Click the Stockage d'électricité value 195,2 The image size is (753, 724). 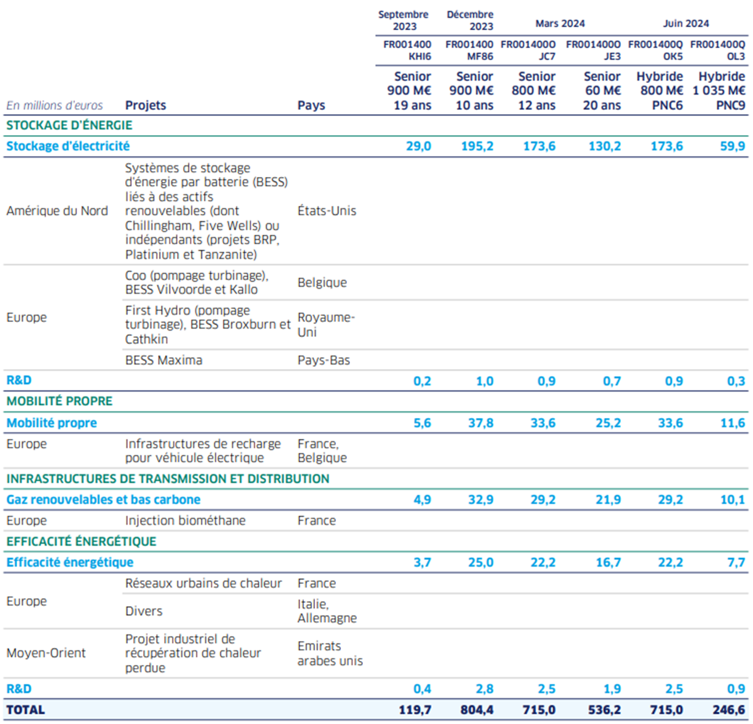tap(477, 146)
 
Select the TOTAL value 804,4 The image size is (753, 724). tap(477, 710)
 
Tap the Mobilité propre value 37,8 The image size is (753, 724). tap(480, 423)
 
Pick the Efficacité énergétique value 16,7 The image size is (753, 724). tap(608, 562)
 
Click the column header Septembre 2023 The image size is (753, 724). tap(404, 20)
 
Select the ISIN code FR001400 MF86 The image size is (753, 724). tap(469, 50)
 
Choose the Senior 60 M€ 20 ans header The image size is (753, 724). tap(602, 90)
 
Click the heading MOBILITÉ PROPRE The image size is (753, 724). tap(60, 401)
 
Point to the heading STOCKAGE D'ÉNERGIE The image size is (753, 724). tap(69, 125)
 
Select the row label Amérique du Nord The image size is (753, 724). tap(57, 211)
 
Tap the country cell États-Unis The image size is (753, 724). tap(327, 211)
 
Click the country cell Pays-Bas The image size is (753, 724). tap(324, 360)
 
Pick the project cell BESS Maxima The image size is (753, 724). tap(163, 360)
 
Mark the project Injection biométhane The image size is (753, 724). tap(185, 521)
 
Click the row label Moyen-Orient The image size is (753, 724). tap(46, 653)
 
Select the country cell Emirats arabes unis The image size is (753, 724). tap(330, 653)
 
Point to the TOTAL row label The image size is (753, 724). tap(26, 710)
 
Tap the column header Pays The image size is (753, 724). tap(311, 105)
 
